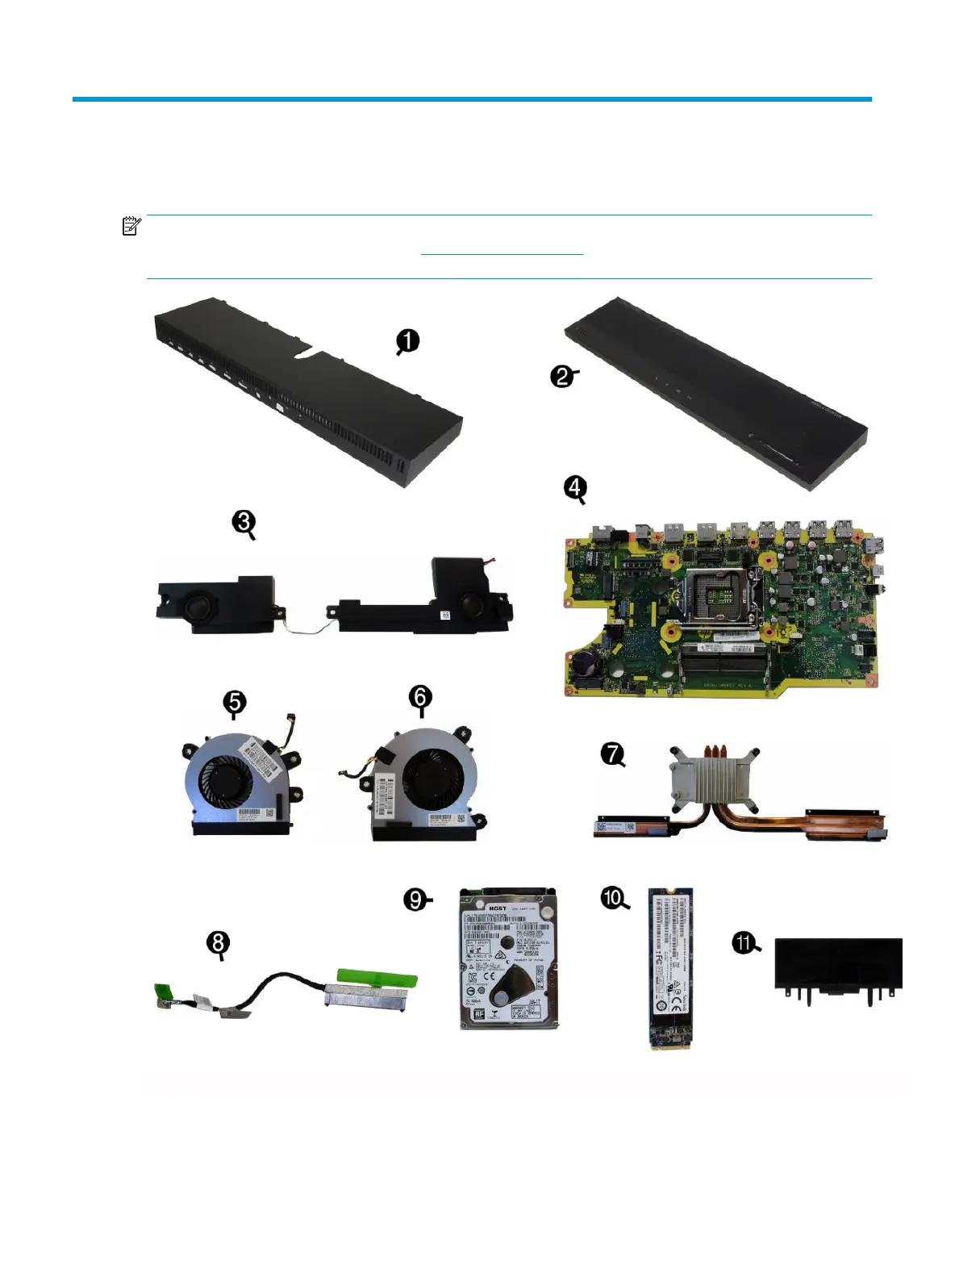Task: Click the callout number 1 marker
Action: coord(408,340)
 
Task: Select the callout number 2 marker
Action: coord(562,376)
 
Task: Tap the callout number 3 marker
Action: coord(244,522)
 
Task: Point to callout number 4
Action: coord(574,487)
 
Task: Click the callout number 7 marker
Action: coord(612,754)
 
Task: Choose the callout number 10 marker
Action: coord(613,897)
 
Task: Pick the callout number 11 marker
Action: coord(744,942)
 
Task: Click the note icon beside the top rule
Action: coord(131,226)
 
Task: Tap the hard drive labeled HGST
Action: coord(508,958)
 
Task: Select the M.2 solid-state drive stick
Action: coord(670,968)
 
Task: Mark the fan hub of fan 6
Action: coord(432,777)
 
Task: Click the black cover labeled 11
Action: coord(837,964)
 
